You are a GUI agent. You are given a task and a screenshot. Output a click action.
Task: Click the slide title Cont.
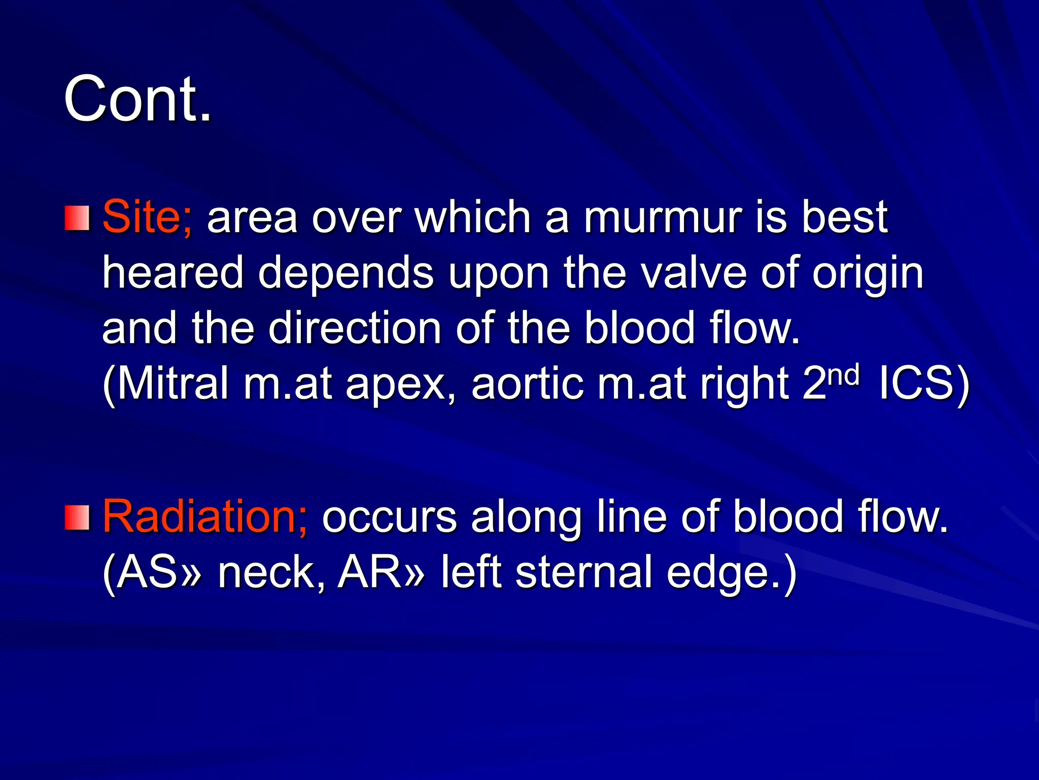pos(137,99)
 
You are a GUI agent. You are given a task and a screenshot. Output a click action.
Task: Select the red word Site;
pos(147,217)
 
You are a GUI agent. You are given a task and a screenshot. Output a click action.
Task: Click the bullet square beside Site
pos(77,218)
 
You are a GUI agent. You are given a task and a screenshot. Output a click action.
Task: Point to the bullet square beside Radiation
pos(77,517)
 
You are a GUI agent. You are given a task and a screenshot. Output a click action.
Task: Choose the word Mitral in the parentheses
pos(167,383)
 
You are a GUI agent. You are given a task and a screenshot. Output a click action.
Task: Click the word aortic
pos(527,383)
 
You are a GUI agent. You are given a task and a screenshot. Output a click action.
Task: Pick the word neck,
pos(271,572)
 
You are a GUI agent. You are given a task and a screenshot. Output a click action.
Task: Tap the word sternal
pos(583,572)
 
